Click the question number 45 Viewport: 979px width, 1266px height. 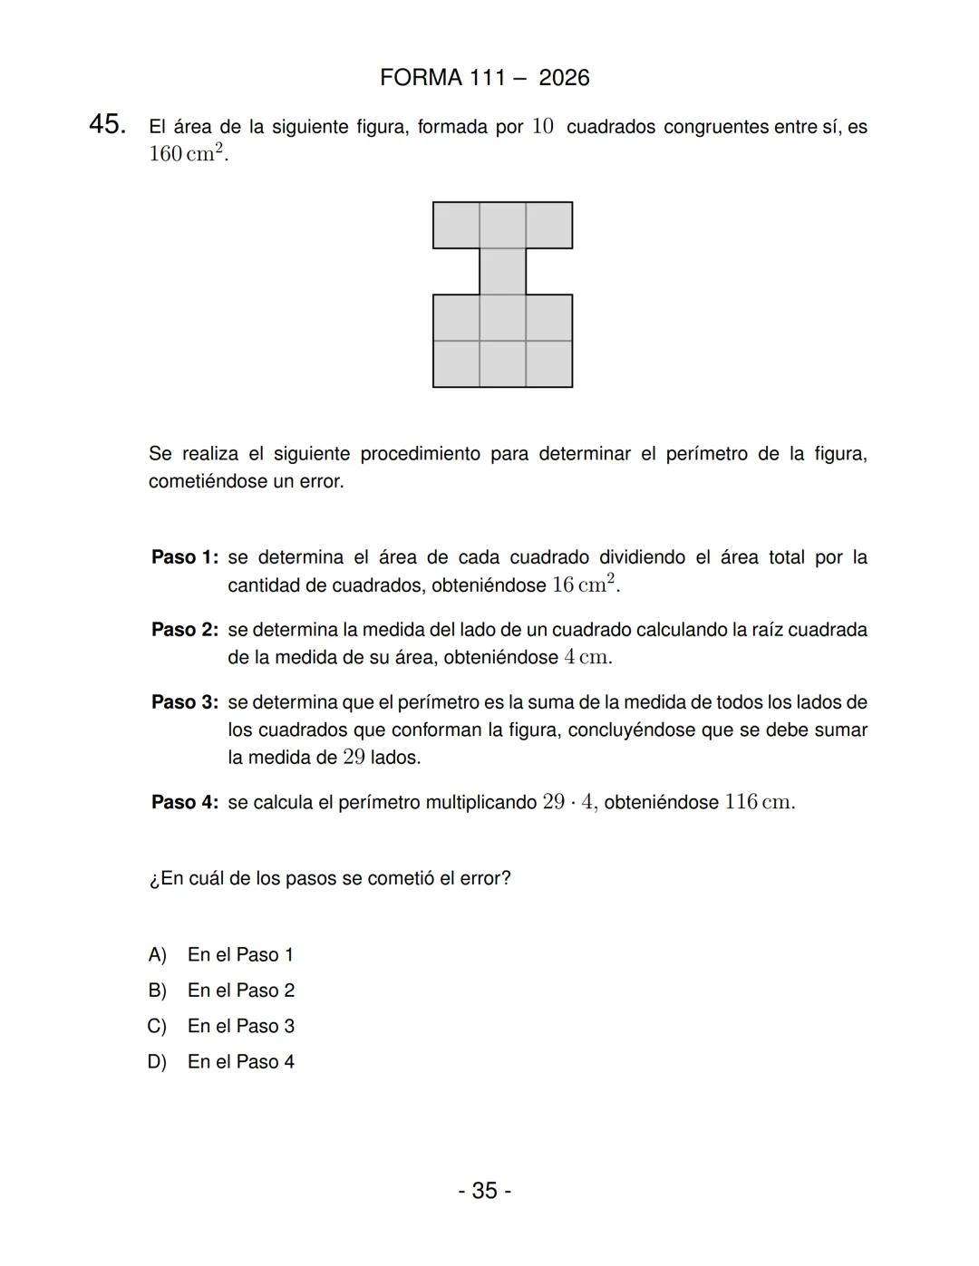click(x=107, y=125)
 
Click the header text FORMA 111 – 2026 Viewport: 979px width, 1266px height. click(x=484, y=78)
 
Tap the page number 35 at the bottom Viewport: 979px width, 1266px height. click(x=484, y=1190)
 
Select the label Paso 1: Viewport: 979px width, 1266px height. click(x=185, y=557)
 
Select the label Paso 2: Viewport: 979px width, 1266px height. click(x=185, y=630)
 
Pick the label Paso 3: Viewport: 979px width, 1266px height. click(x=185, y=702)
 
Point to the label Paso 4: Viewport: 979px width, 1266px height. click(x=185, y=802)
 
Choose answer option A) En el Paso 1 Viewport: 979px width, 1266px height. click(x=221, y=954)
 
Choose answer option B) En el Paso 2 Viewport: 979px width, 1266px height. click(x=221, y=991)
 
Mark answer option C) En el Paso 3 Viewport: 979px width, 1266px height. click(x=221, y=1026)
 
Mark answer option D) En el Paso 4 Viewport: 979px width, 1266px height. click(x=221, y=1061)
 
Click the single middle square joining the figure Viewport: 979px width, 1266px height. click(x=502, y=271)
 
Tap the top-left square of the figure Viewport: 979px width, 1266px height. click(x=456, y=225)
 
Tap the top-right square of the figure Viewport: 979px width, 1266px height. click(x=549, y=225)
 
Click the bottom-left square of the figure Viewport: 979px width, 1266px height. click(x=456, y=364)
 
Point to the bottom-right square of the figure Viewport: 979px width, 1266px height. click(x=549, y=364)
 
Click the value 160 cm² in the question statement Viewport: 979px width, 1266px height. click(x=189, y=153)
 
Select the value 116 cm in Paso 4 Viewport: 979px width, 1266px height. click(x=760, y=802)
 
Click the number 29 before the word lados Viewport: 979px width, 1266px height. click(x=354, y=757)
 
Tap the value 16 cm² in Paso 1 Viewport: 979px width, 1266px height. click(x=585, y=585)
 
